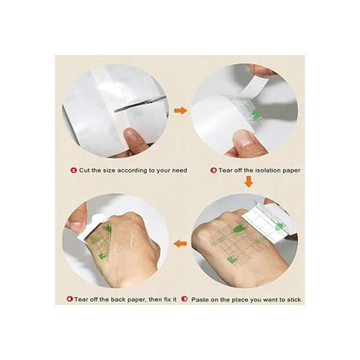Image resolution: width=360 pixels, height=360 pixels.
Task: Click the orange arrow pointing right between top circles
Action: click(181, 111)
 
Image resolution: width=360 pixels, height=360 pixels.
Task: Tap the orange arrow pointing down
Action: click(249, 181)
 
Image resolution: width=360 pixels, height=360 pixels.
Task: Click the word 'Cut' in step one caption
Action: click(84, 170)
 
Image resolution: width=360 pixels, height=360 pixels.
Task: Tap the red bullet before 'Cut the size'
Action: click(74, 170)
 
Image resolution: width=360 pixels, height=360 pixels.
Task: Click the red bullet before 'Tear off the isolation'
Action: click(214, 170)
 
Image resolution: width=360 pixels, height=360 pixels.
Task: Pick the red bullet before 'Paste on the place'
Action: click(185, 299)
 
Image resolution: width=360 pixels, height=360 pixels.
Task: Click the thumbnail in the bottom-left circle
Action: click(75, 226)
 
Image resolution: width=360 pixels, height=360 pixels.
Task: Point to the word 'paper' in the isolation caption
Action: click(291, 171)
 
